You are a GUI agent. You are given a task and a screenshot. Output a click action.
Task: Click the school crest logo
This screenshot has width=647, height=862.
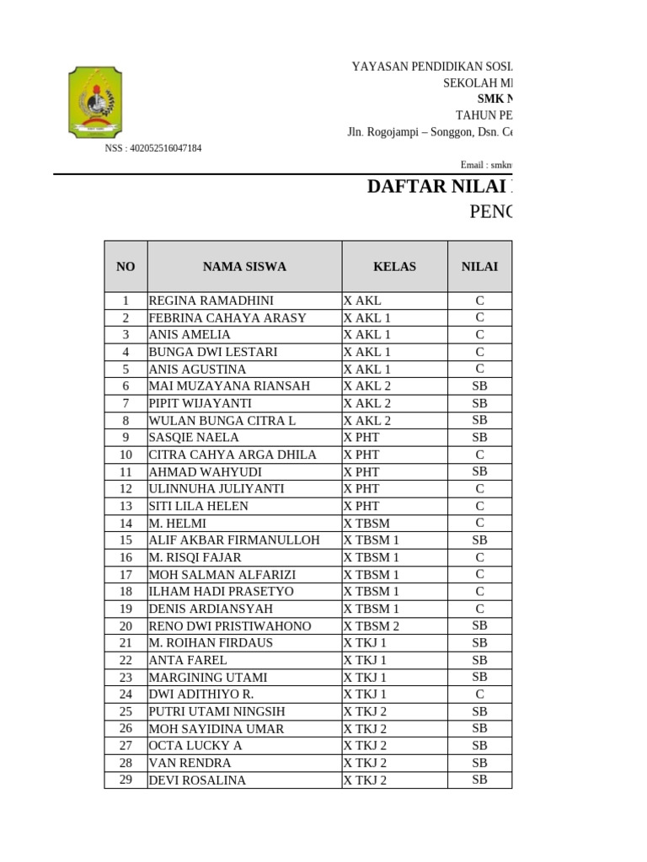pos(94,102)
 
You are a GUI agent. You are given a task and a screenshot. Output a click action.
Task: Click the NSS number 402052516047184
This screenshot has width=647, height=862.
pos(152,148)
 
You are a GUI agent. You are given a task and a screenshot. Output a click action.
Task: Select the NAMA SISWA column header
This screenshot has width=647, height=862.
pos(244,267)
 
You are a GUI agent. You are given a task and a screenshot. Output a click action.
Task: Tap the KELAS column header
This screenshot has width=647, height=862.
pos(394,267)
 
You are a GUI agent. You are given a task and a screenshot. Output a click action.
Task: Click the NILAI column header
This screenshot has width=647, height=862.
pos(479,267)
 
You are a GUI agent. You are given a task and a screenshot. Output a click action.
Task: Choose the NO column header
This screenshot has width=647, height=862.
pos(126,267)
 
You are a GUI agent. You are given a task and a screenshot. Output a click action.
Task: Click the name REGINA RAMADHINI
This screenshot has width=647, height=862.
pos(211,301)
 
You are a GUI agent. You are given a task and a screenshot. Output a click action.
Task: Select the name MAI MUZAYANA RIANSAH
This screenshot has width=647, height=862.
pos(229,386)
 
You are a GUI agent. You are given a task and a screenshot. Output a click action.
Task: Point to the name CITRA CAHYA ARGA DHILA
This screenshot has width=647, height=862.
pos(233,455)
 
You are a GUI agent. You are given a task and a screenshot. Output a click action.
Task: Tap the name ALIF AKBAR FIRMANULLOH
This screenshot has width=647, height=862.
pos(234,540)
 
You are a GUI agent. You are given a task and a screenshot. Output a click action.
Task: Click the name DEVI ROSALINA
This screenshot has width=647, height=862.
pos(197,780)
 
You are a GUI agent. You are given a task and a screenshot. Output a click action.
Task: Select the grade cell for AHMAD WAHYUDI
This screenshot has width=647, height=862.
pos(479,471)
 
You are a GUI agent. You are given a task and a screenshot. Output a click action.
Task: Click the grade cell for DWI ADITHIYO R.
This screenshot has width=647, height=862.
pos(479,694)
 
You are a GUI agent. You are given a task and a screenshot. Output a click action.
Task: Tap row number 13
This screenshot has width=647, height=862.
pos(126,506)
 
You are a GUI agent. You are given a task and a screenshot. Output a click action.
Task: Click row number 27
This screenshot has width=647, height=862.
pos(126,746)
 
